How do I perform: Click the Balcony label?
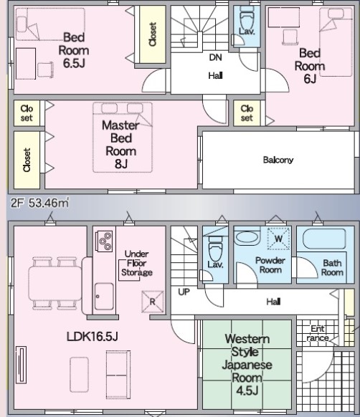[278, 160]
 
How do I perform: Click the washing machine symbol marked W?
[278, 239]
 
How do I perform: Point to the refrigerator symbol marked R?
[153, 302]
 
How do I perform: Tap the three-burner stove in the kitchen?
[104, 241]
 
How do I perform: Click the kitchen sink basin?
[104, 296]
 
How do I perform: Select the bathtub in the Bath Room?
[324, 239]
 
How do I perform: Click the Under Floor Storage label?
[137, 263]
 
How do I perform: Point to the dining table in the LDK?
[55, 284]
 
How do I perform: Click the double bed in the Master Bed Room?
[123, 138]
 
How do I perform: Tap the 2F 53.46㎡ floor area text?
[40, 203]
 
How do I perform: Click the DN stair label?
[215, 57]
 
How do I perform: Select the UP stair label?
[184, 292]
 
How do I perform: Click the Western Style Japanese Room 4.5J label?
[247, 365]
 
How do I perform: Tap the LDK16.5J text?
[92, 337]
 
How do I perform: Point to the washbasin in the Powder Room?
[247, 236]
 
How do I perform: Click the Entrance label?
[318, 333]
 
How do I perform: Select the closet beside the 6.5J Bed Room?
[153, 34]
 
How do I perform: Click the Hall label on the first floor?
[273, 302]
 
